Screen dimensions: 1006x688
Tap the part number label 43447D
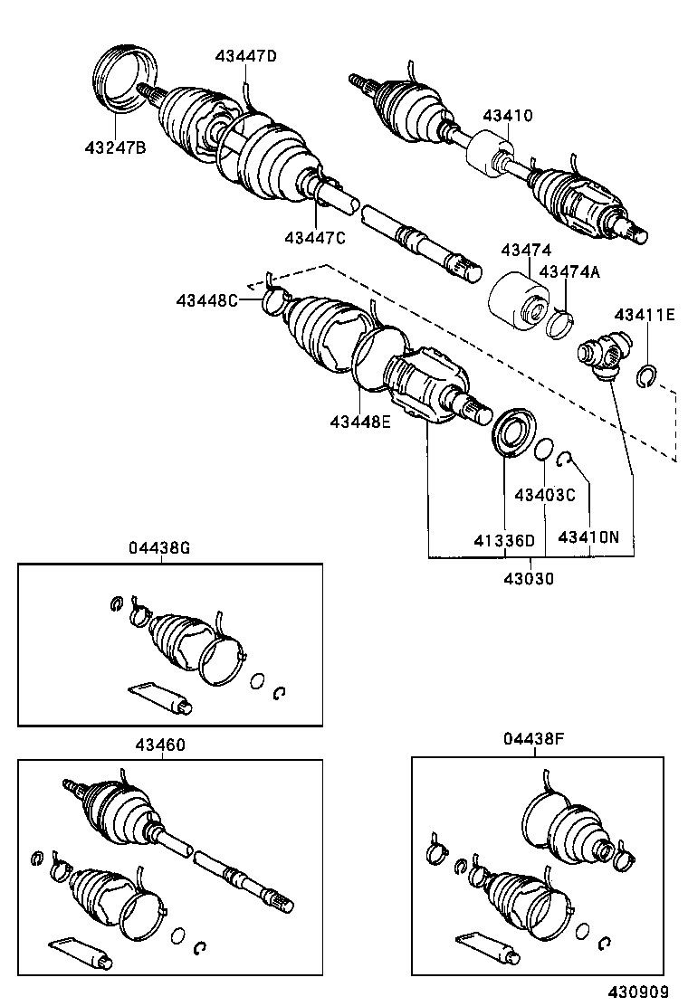[245, 56]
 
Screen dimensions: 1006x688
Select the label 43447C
[315, 237]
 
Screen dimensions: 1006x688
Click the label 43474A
[569, 271]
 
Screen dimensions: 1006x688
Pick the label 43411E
[645, 315]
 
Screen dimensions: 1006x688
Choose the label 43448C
[207, 300]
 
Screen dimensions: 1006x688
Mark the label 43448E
[360, 421]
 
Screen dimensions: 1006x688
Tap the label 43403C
[545, 495]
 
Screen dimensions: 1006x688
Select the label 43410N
[588, 537]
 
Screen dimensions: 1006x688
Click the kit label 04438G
[159, 548]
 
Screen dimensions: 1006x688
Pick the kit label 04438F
[534, 739]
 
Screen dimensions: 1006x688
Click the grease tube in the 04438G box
[158, 697]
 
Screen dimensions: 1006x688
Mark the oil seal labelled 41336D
[513, 432]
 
